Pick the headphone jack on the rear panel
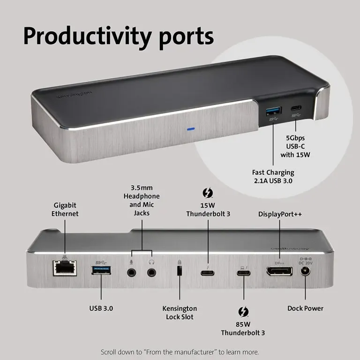pyautogui.click(x=151, y=271)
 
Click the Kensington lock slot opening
pyautogui.click(x=179, y=271)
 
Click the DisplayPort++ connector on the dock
pyautogui.click(x=279, y=271)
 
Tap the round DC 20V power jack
pyautogui.click(x=306, y=271)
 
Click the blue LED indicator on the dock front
pyautogui.click(x=190, y=128)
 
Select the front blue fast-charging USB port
pyautogui.click(x=274, y=111)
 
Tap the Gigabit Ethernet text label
pyautogui.click(x=65, y=210)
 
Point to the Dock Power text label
pyautogui.click(x=305, y=308)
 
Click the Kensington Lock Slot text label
pyautogui.click(x=180, y=313)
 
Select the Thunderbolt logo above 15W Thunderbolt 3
pyautogui.click(x=208, y=193)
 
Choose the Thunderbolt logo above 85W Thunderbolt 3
pyautogui.click(x=243, y=312)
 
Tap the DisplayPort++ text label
pyautogui.click(x=280, y=214)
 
